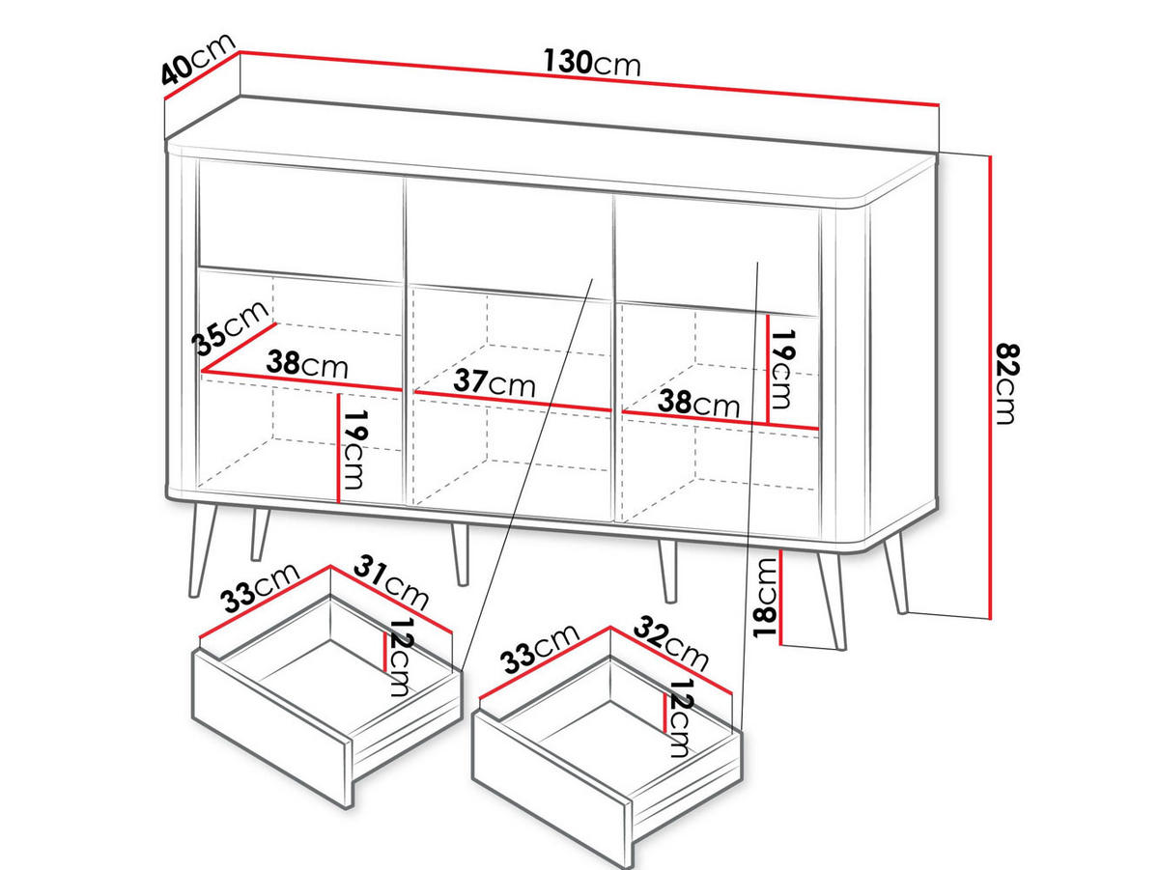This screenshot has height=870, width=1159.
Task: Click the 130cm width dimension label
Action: [x=592, y=63]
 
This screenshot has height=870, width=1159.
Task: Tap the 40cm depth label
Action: [x=197, y=59]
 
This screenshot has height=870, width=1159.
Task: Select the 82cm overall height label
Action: [x=1006, y=383]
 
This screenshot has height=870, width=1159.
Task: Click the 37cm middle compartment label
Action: [x=495, y=382]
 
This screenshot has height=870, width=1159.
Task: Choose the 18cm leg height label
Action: [x=766, y=598]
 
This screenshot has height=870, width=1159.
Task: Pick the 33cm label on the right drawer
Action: [x=539, y=649]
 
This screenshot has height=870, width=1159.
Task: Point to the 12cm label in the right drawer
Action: [x=681, y=718]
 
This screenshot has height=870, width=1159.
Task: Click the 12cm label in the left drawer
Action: [x=400, y=658]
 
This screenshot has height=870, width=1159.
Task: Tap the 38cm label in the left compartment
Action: [x=307, y=363]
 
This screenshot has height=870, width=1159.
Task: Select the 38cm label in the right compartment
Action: [x=698, y=404]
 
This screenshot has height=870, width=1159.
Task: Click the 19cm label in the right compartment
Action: [x=782, y=370]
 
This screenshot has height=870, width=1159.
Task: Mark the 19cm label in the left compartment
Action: [x=354, y=450]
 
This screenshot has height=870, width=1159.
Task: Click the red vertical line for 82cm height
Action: [x=991, y=387]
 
